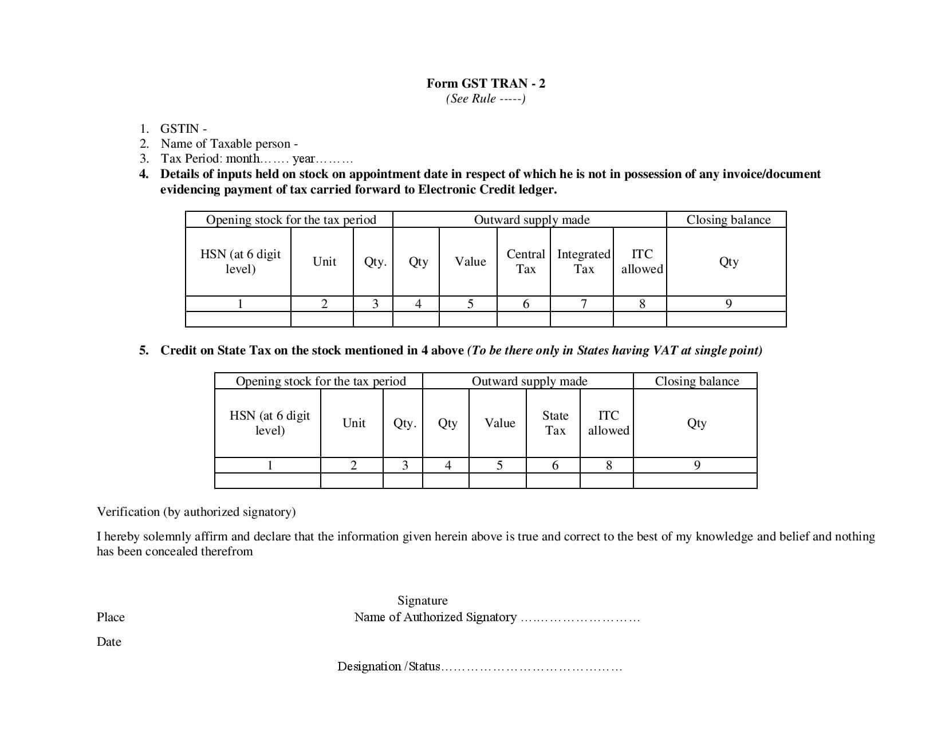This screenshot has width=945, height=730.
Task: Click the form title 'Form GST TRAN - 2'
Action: [x=486, y=84]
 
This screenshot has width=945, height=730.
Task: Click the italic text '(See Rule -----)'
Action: [x=486, y=98]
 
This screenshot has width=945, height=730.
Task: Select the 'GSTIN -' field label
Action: [x=183, y=129]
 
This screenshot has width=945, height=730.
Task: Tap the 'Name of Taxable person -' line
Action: [x=229, y=144]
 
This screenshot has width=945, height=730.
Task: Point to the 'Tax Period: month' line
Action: [x=256, y=159]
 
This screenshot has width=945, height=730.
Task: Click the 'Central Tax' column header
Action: [x=525, y=262]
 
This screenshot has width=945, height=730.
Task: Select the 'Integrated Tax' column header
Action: [x=584, y=262]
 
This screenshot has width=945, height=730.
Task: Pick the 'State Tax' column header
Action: [x=555, y=423]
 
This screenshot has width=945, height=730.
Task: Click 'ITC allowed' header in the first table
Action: [x=642, y=262]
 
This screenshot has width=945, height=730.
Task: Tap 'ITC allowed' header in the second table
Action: [x=608, y=423]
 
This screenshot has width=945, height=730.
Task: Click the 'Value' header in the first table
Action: [x=470, y=262]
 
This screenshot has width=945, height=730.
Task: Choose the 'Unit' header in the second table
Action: [x=353, y=423]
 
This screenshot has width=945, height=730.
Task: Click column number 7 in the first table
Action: [x=584, y=304]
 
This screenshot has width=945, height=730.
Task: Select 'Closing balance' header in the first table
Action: [x=728, y=220]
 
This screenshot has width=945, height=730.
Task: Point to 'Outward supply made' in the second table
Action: [x=529, y=381]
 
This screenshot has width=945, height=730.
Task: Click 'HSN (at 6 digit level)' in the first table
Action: [x=241, y=262]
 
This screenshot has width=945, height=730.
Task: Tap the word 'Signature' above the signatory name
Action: [x=423, y=601]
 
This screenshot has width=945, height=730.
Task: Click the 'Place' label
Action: [x=111, y=617]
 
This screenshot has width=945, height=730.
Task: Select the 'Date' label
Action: [x=109, y=642]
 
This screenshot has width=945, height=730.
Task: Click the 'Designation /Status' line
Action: [x=389, y=666]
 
